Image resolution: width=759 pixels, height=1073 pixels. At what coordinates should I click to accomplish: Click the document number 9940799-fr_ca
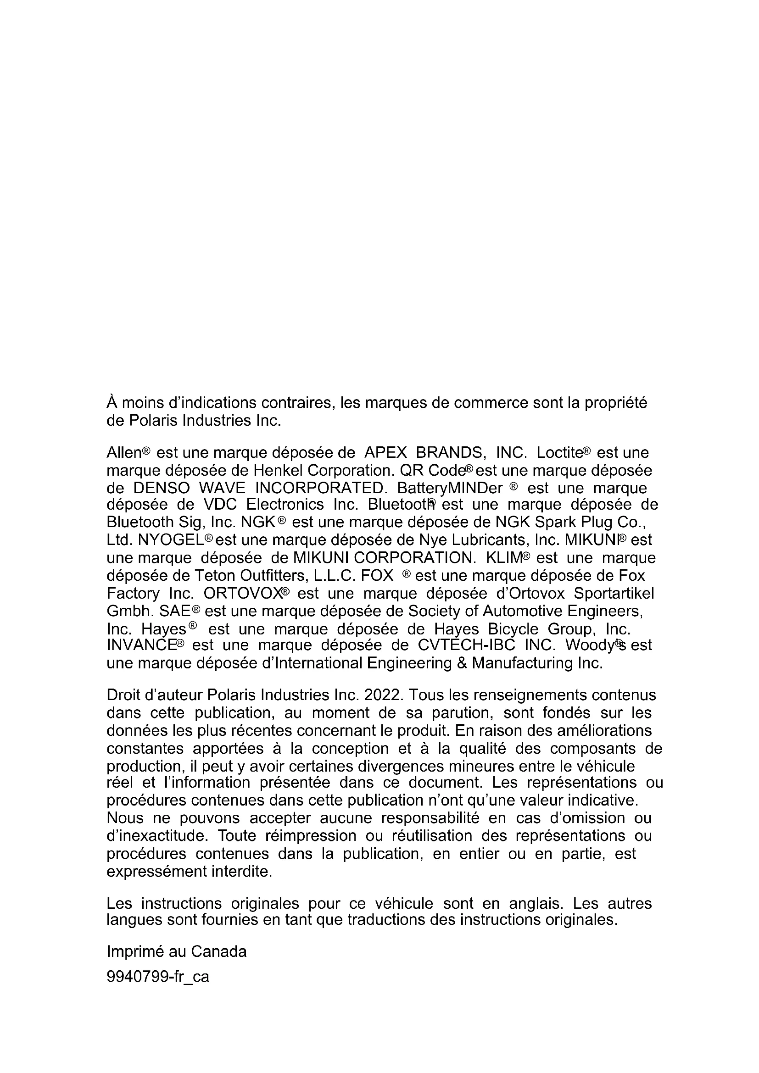click(157, 977)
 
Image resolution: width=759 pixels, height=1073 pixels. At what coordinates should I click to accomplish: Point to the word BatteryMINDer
click(450, 489)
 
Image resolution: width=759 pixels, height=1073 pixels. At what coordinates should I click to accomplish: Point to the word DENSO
click(161, 489)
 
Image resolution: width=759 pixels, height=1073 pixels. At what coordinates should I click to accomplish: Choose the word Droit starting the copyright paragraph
click(123, 695)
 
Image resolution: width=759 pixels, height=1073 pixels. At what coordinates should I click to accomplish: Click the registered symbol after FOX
click(407, 574)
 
